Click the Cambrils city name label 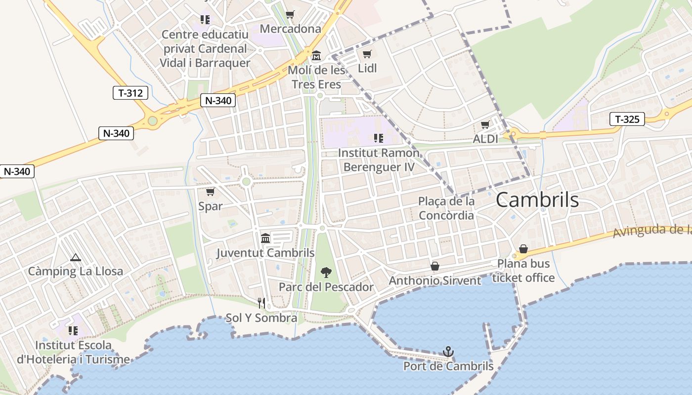click(537, 200)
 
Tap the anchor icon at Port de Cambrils click(448, 352)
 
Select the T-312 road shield click(130, 92)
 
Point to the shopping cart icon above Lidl click(367, 54)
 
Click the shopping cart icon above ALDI click(485, 125)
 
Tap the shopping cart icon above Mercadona click(290, 14)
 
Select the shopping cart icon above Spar click(210, 192)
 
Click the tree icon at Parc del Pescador click(326, 272)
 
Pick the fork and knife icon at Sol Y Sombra click(261, 303)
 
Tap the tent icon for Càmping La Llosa click(75, 257)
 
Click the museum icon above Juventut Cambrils click(265, 238)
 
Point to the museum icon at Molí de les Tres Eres click(316, 55)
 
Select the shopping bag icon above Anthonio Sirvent click(435, 267)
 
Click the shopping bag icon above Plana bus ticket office click(523, 249)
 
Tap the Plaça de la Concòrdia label click(446, 208)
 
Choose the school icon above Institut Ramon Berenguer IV click(379, 138)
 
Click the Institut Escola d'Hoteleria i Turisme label click(73, 352)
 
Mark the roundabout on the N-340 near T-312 click(153, 120)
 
